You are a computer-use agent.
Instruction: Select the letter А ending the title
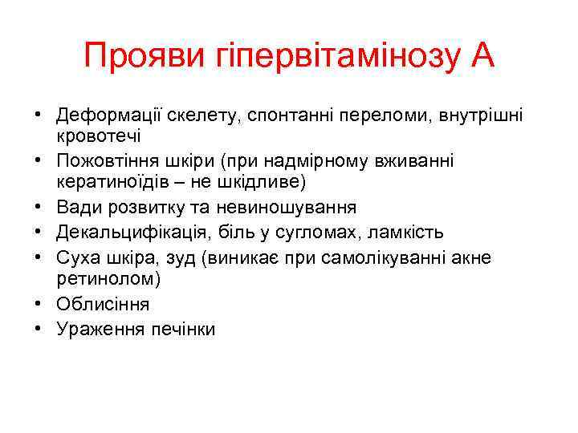482,57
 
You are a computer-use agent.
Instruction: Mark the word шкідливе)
269,182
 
